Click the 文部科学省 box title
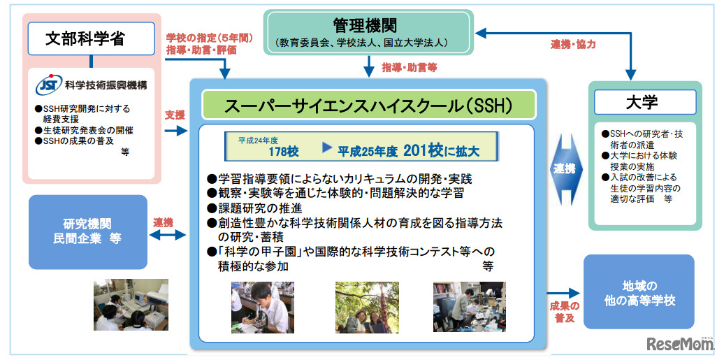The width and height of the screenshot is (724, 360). pos(91,39)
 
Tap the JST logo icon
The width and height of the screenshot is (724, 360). pos(48,85)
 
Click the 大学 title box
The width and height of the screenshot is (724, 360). pos(643,103)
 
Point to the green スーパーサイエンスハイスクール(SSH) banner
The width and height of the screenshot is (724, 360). pos(369,106)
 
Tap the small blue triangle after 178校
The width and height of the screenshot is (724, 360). pos(326,148)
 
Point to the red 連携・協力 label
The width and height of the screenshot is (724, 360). pos(573,45)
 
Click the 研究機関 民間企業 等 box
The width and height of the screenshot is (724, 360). pos(88,231)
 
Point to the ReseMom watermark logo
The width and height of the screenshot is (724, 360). pos(681,344)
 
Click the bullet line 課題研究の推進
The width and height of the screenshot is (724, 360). pos(260,208)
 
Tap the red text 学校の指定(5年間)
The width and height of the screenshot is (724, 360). pos(210,37)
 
